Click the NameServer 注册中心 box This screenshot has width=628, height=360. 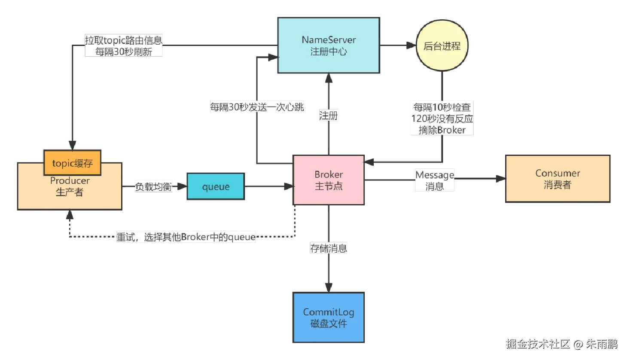[x=328, y=46]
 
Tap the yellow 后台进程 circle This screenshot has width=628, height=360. [x=442, y=46]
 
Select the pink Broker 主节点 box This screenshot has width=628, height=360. [x=329, y=180]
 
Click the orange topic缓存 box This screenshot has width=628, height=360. [x=73, y=163]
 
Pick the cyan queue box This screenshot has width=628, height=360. [x=216, y=187]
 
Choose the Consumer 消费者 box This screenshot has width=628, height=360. [x=558, y=179]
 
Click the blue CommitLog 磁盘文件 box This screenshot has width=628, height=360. [x=329, y=317]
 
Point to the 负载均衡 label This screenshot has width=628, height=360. [x=153, y=186]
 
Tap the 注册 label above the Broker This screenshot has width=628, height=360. [x=329, y=116]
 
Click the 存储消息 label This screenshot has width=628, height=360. [x=329, y=248]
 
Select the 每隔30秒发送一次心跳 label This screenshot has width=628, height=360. [x=257, y=107]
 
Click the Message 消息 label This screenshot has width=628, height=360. [x=435, y=180]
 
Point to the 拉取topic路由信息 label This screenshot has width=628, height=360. [x=124, y=40]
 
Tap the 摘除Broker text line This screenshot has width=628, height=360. [x=442, y=130]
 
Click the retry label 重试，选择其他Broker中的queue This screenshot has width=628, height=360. [x=186, y=237]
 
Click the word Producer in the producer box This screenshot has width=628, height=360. [x=70, y=181]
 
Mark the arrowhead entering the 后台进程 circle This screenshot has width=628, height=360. [x=412, y=46]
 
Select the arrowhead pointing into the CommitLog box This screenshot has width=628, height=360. [x=329, y=287]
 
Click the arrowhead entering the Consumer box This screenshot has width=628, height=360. [x=500, y=179]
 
